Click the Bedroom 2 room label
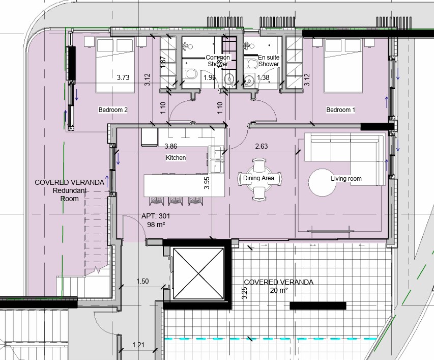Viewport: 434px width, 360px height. pyautogui.click(x=112, y=110)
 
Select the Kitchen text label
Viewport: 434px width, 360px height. pyautogui.click(x=176, y=158)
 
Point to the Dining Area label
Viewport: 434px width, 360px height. pyautogui.click(x=259, y=178)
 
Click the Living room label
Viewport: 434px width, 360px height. pyautogui.click(x=346, y=179)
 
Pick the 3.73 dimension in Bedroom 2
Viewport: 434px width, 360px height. pyautogui.click(x=123, y=78)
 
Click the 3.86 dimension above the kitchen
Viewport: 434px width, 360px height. pyautogui.click(x=170, y=146)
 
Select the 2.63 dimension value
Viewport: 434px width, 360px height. pyautogui.click(x=262, y=146)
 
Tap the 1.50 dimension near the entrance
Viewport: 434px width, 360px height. pyautogui.click(x=142, y=281)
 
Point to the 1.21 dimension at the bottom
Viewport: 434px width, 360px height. pyautogui.click(x=138, y=345)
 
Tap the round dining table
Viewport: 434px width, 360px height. pyautogui.click(x=259, y=179)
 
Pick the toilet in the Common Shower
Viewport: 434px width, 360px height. pyautogui.click(x=191, y=75)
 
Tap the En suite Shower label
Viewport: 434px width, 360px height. pyautogui.click(x=269, y=61)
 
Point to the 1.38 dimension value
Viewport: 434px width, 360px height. pyautogui.click(x=263, y=78)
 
